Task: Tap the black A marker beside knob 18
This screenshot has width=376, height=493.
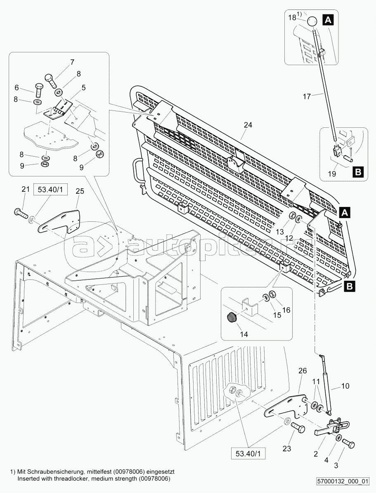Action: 328,19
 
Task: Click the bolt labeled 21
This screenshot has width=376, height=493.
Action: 20,213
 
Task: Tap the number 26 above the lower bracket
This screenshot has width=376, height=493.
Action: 303,371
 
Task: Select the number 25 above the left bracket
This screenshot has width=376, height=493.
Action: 80,191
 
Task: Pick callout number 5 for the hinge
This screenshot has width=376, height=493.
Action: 83,87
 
